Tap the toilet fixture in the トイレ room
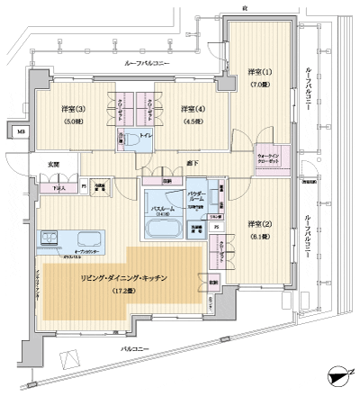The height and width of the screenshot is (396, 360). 126,139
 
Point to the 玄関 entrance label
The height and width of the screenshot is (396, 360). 53,165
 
